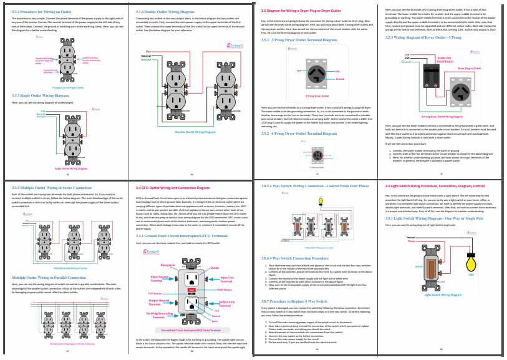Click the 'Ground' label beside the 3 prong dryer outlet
tap(340, 79)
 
